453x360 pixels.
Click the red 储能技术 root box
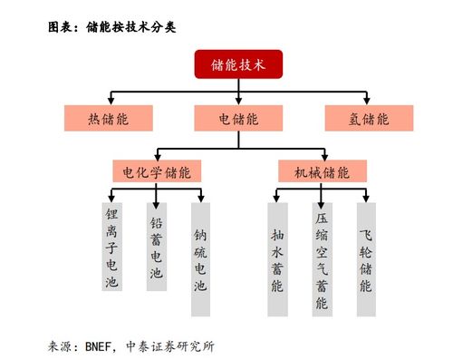(x=237, y=64)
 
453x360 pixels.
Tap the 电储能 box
(x=238, y=118)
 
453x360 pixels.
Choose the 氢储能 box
(x=369, y=118)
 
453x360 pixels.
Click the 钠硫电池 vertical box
(x=200, y=258)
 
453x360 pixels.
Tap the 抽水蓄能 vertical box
(x=277, y=258)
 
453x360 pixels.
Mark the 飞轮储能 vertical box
(x=365, y=258)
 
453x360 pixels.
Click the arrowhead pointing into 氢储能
(x=369, y=102)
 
